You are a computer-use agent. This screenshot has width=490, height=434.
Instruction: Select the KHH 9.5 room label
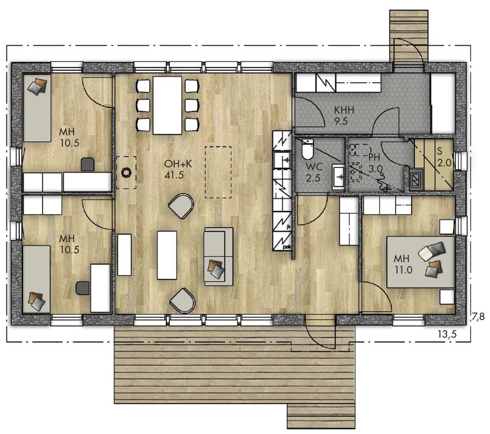point(344,116)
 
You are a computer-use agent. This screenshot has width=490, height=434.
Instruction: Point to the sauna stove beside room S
point(416,180)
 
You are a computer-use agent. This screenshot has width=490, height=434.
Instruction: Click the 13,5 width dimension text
point(447,334)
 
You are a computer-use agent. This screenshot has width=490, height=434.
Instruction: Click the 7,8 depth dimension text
point(478,317)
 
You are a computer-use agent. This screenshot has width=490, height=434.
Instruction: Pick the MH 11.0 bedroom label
point(403,264)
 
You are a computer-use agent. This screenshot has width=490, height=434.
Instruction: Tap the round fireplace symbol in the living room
point(126,172)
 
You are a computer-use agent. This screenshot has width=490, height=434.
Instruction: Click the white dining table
point(167,105)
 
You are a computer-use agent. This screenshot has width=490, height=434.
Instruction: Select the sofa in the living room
point(218,256)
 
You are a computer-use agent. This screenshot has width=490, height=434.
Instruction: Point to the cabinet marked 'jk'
point(282,221)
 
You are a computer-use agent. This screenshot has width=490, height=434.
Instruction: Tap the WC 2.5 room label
point(313,172)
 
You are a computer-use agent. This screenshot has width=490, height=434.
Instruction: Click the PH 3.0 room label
point(375,163)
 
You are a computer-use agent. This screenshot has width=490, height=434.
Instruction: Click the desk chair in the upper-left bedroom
point(88,164)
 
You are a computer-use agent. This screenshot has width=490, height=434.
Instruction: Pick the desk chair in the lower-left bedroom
point(83,288)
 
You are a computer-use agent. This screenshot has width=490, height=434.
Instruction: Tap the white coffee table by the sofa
point(167,255)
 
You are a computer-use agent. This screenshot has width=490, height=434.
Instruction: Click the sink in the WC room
point(338,177)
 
